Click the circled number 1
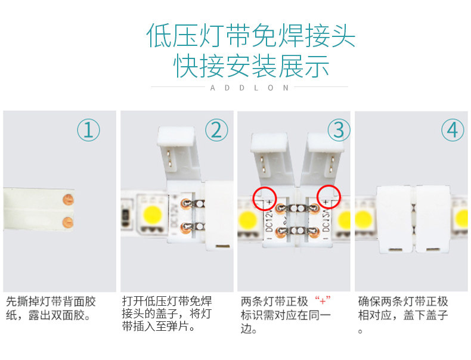[88, 130]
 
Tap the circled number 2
[216, 130]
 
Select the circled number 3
[339, 130]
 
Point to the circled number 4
[453, 130]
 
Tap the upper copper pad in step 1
[67, 200]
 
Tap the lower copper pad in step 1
[67, 222]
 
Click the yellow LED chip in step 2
[153, 215]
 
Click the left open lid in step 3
[272, 159]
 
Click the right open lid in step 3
[323, 159]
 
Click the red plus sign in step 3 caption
[323, 300]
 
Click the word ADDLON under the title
[249, 88]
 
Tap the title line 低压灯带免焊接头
[251, 36]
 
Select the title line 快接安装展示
[251, 66]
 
